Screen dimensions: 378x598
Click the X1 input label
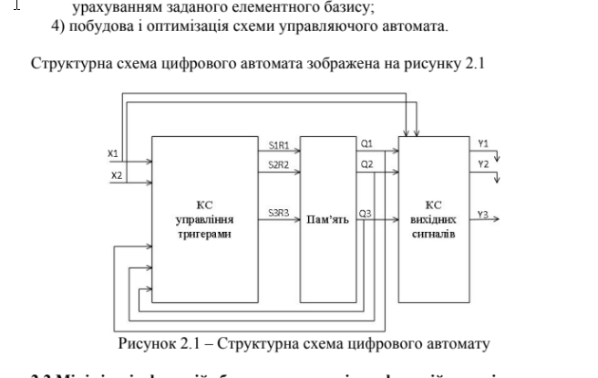pos(113,153)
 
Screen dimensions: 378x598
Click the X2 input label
pos(115,173)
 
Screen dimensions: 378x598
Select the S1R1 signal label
pos(279,144)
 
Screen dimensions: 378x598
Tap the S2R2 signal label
pos(279,164)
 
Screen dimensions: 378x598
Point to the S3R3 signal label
pos(279,213)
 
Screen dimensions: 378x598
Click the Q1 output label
pos(366,144)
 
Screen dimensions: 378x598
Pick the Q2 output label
pos(366,164)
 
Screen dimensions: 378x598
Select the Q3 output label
pos(365,213)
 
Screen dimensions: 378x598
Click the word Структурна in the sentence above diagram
pos(69,65)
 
